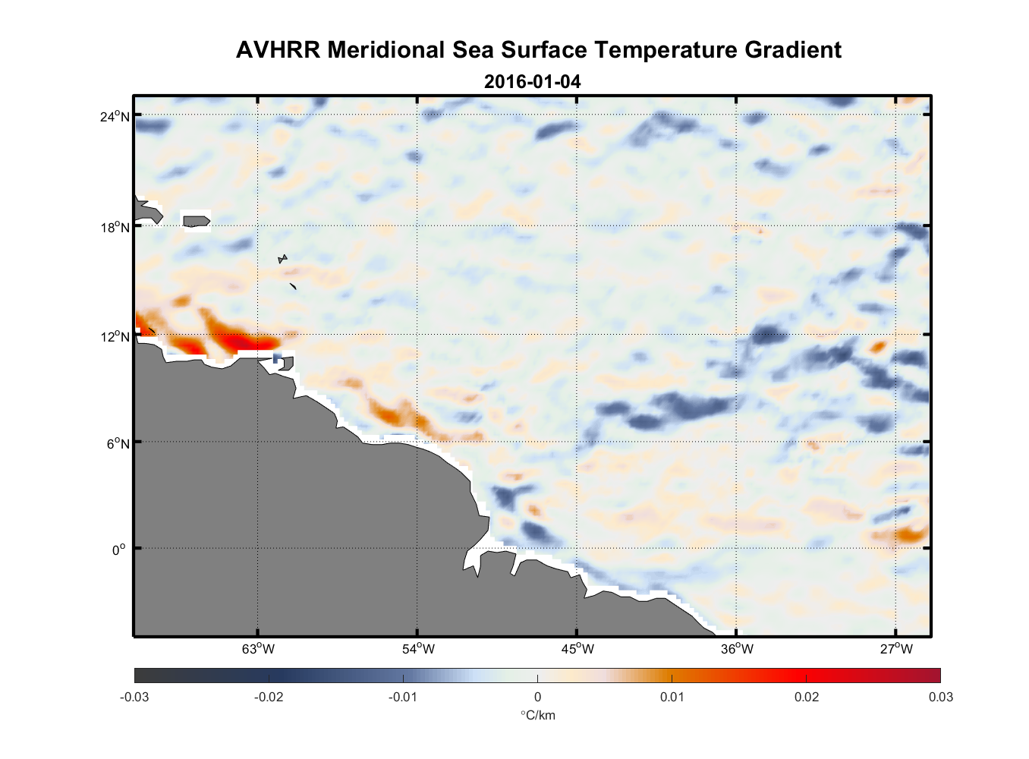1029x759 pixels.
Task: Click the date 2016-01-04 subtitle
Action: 532,81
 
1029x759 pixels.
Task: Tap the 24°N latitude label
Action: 115,116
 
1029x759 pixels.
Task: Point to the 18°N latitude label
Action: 115,227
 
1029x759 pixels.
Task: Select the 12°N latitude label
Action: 115,336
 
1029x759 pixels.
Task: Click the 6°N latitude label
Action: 118,443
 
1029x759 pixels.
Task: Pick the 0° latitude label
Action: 118,550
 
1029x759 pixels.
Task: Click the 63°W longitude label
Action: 258,649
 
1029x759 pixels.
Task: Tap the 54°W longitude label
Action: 418,649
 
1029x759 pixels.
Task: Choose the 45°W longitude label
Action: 577,649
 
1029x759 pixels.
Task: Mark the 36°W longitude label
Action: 737,649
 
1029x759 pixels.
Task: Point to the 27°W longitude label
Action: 896,649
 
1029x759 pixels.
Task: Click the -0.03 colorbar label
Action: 134,698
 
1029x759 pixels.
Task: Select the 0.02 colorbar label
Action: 807,698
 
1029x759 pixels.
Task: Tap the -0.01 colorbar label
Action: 403,698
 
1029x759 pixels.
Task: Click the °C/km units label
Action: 537,715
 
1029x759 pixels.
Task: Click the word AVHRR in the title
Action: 278,50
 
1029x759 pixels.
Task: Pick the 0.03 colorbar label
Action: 941,698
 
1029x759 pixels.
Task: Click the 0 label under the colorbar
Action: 537,698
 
